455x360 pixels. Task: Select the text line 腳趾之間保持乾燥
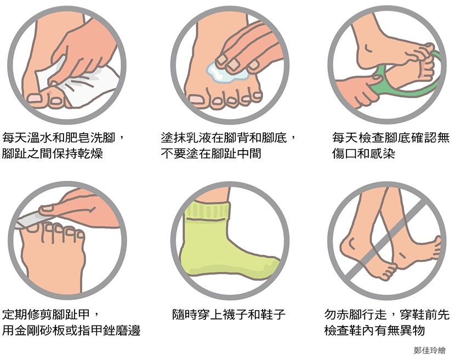pyautogui.click(x=53, y=153)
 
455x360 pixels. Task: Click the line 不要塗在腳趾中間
pyautogui.click(x=211, y=153)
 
